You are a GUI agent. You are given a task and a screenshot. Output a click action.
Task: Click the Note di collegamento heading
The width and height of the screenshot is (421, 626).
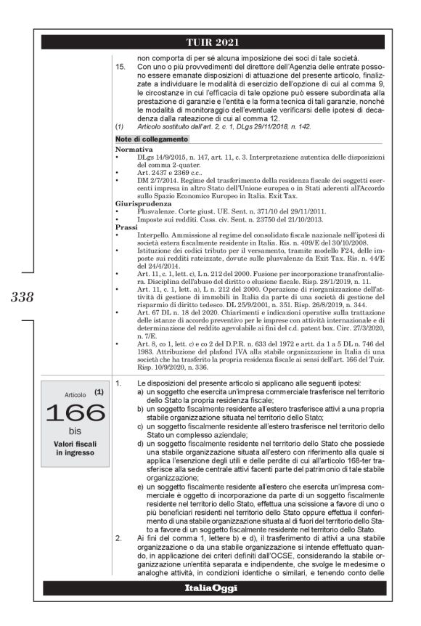click(152, 139)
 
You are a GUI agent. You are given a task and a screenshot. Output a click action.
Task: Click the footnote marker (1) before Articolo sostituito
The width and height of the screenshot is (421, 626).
click(120, 126)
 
